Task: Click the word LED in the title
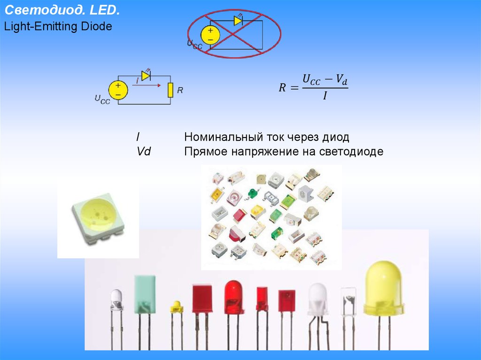[x=104, y=10]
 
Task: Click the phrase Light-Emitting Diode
[x=58, y=26]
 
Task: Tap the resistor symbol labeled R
[x=170, y=90]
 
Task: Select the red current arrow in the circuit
[x=147, y=85]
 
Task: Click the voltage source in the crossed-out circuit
[x=210, y=35]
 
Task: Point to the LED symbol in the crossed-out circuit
[x=238, y=20]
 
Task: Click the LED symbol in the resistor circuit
[x=146, y=75]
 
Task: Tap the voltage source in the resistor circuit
[x=118, y=90]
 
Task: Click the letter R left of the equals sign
[x=282, y=88]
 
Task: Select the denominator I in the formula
[x=325, y=96]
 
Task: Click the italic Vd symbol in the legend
[x=144, y=151]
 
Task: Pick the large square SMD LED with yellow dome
[x=98, y=218]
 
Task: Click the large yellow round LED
[x=384, y=288]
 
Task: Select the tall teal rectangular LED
[x=145, y=294]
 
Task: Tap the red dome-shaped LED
[x=234, y=297]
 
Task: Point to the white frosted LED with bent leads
[x=318, y=299]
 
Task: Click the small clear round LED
[x=116, y=299]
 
